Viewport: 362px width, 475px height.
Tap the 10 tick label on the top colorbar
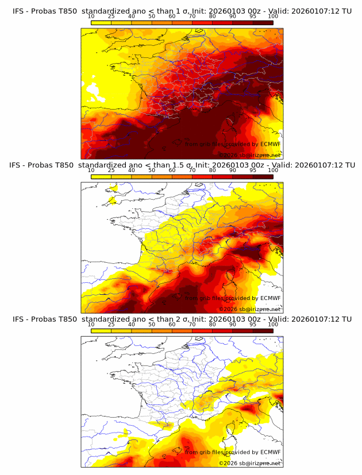[91, 16]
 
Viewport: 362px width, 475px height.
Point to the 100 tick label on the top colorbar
[273, 16]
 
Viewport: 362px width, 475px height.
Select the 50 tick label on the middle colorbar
[152, 170]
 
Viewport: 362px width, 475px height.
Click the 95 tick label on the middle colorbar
[253, 170]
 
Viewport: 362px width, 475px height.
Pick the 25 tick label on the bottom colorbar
[111, 325]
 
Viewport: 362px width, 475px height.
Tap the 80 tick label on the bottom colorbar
[213, 325]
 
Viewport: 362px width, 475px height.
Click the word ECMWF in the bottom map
[271, 452]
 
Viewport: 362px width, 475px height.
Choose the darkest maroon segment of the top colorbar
[263, 22]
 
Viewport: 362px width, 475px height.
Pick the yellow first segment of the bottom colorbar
[101, 331]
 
